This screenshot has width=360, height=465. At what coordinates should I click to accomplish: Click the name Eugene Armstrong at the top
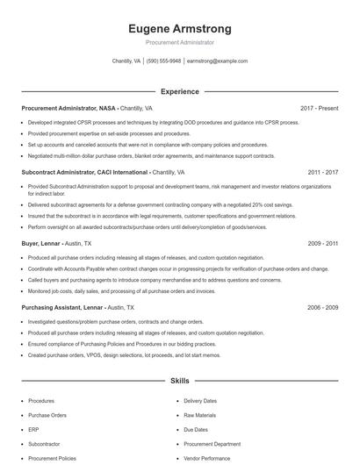(x=179, y=28)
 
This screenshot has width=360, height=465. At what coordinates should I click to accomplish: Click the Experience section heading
(x=179, y=91)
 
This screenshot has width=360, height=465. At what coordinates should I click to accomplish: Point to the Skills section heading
(x=179, y=382)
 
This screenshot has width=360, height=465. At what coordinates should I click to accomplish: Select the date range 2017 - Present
(x=319, y=108)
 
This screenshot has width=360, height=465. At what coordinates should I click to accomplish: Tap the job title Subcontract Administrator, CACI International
(x=84, y=172)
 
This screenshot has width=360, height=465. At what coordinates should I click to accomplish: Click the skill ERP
(x=34, y=429)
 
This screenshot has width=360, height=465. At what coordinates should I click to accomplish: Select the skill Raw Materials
(x=199, y=415)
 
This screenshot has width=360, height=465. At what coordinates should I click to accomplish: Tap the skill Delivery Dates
(x=200, y=401)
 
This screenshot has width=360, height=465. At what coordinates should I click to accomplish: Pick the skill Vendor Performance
(x=207, y=458)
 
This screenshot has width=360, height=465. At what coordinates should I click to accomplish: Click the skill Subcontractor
(x=45, y=444)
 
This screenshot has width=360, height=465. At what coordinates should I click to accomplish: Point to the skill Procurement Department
(x=212, y=444)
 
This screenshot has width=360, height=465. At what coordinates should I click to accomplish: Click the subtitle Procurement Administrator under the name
(x=179, y=42)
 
